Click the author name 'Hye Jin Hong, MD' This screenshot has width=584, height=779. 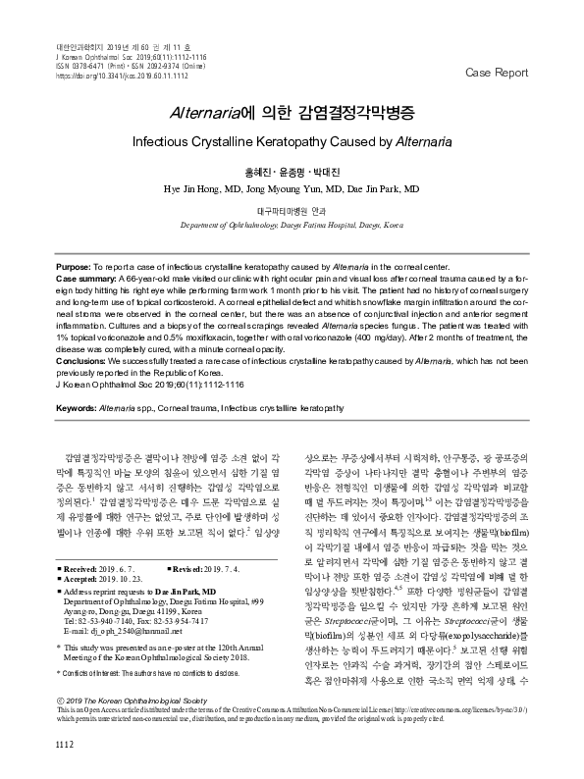pyautogui.click(x=204, y=187)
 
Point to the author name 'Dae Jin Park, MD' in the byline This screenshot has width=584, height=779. pyautogui.click(x=378, y=187)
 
